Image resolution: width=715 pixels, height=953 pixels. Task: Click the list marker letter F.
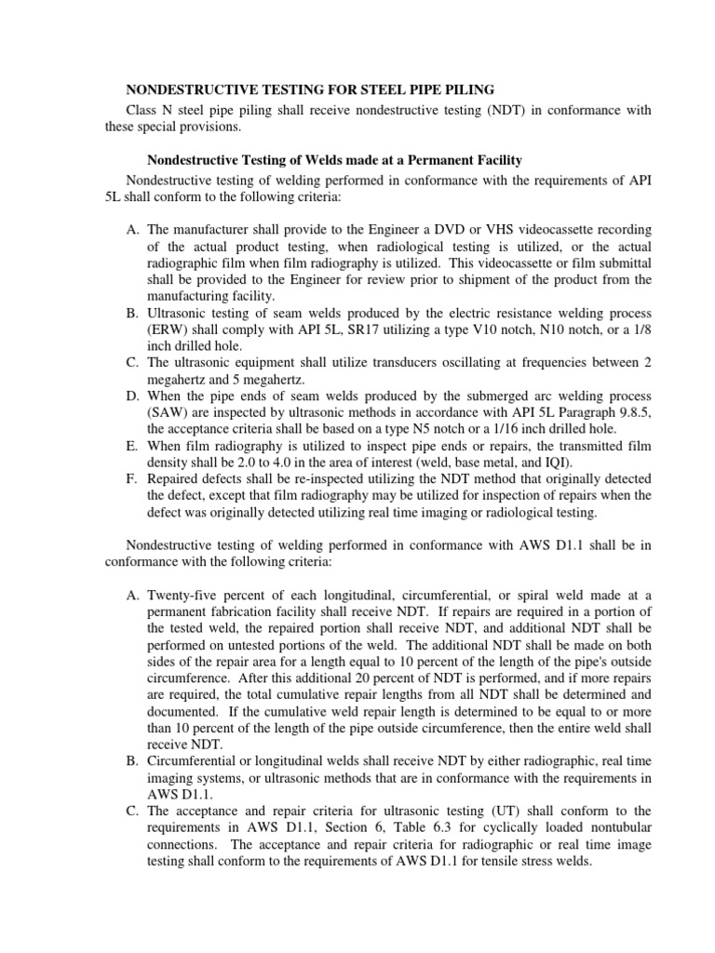[x=131, y=480]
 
